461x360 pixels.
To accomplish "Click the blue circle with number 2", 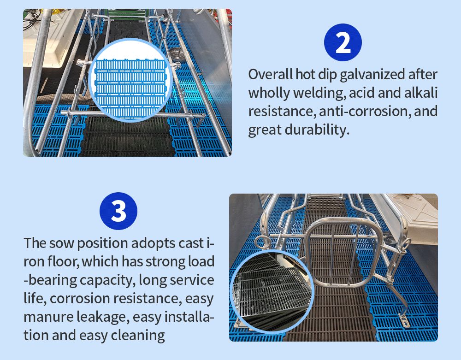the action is pos(343,42).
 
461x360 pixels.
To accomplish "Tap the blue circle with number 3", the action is pos(118,211).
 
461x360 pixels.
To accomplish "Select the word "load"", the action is pos(201,261).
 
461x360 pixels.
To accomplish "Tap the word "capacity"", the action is pos(106,281).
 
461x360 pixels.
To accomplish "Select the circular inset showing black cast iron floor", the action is pos(272,293).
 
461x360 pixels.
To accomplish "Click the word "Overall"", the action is pos(270,74).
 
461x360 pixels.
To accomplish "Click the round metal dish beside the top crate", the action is pos(177,54).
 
